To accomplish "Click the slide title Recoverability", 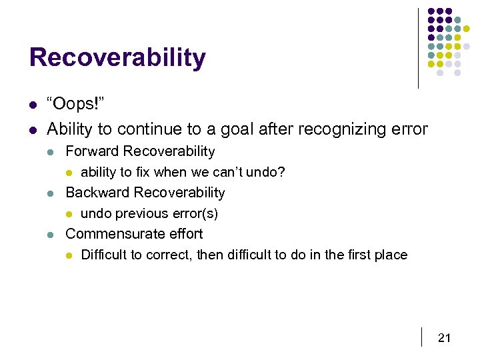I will [x=117, y=58].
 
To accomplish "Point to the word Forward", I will [x=92, y=151].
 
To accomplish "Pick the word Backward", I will [x=97, y=193].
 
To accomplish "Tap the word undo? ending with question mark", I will [x=267, y=173].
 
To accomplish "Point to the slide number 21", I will [x=444, y=339].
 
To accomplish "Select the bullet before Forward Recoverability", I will [x=52, y=152].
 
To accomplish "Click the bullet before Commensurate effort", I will [x=52, y=235].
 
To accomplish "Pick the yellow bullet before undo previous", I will [x=69, y=215].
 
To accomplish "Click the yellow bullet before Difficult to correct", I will [x=69, y=256].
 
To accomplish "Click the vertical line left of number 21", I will [x=422, y=337].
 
